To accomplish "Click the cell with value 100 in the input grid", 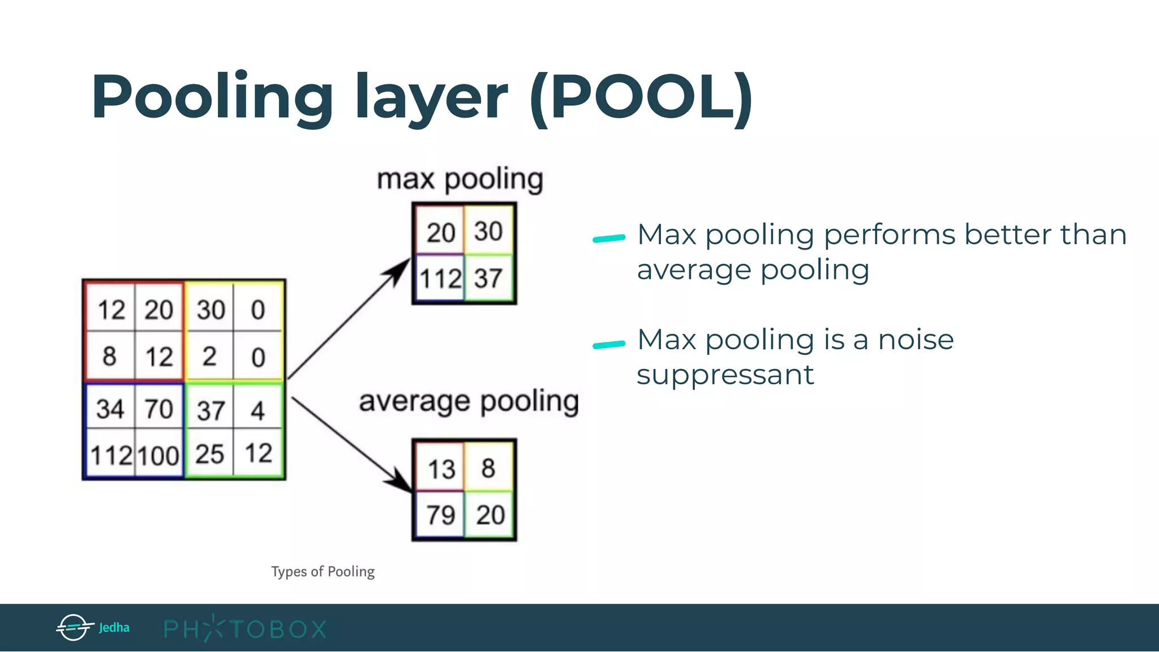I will [159, 455].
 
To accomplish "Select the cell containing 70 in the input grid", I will [159, 409].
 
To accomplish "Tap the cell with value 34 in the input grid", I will [110, 409].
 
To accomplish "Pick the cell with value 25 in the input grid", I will [209, 454].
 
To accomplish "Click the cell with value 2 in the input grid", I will [209, 357].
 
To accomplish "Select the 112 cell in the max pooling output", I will [440, 278].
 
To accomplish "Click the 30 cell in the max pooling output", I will [488, 231].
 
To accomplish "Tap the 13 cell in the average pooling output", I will [441, 469].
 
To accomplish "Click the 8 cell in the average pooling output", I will [488, 468].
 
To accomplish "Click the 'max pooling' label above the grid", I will [460, 180].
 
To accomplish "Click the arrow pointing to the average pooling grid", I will [351, 444].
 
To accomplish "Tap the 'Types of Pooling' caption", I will [323, 572].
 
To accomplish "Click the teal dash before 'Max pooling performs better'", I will [608, 239].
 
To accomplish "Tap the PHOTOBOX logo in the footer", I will [245, 629].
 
